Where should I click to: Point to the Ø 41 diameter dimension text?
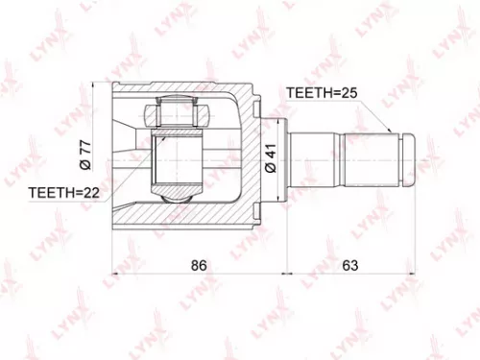pyautogui.click(x=271, y=157)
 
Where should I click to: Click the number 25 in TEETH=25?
pyautogui.click(x=351, y=93)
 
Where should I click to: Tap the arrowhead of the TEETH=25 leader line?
pyautogui.click(x=389, y=132)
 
